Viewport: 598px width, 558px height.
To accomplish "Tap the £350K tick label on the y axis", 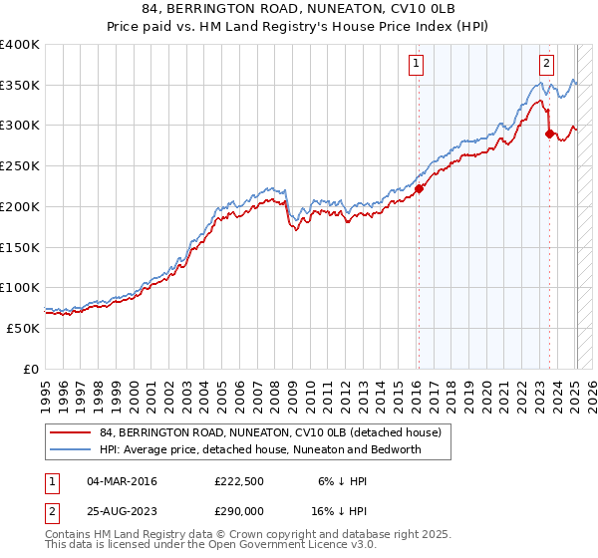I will tap(20, 86).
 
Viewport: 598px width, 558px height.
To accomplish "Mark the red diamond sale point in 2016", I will tap(420, 188).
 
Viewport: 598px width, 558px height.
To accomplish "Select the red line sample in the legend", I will tap(71, 431).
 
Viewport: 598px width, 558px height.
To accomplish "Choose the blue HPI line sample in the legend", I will tap(71, 449).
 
